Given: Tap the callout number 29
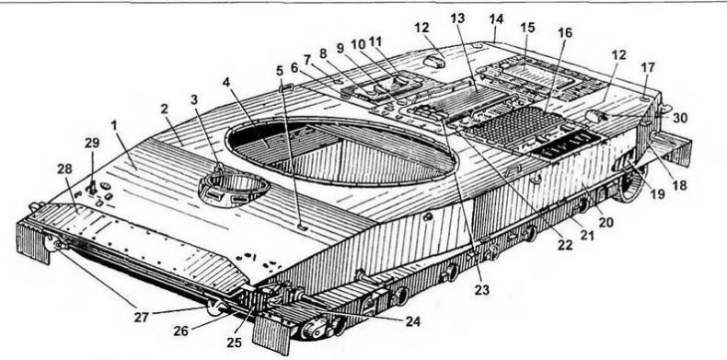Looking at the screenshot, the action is coord(92,145).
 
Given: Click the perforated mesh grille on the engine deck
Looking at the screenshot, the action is coord(514,125).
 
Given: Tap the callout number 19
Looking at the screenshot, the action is coord(657,194).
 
